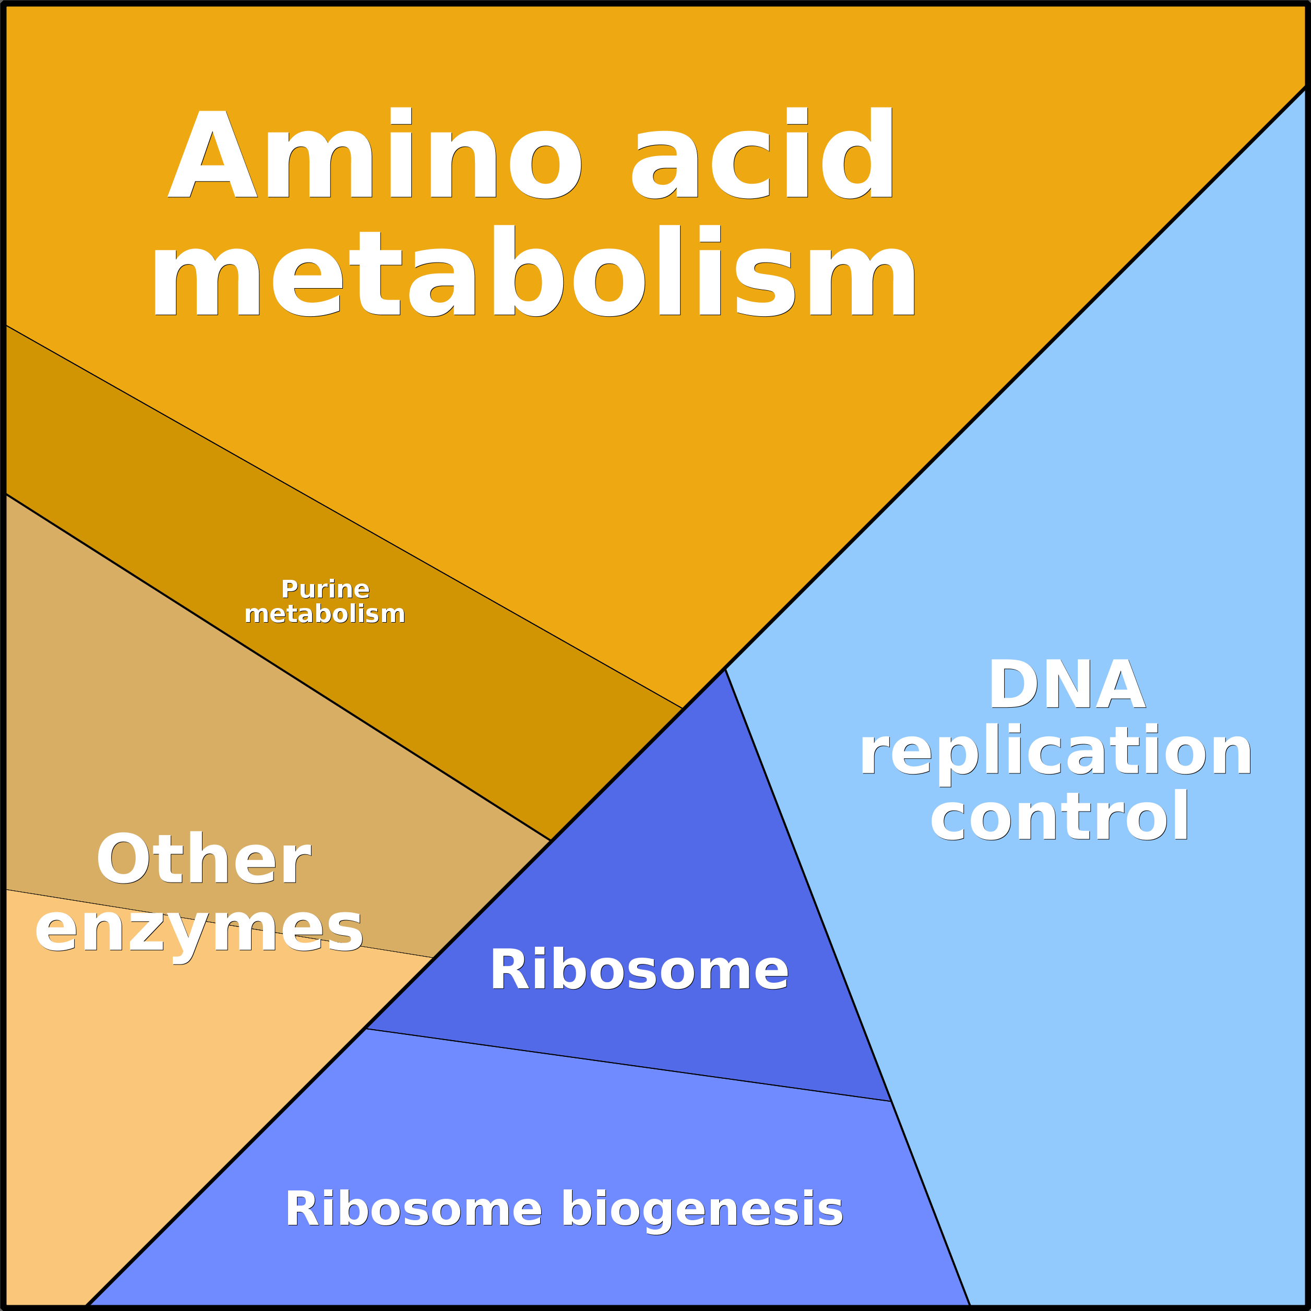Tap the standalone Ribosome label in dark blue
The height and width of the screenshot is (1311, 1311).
(x=638, y=970)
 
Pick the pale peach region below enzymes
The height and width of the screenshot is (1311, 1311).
(x=136, y=1086)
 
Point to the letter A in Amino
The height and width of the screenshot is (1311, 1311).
(x=212, y=154)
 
